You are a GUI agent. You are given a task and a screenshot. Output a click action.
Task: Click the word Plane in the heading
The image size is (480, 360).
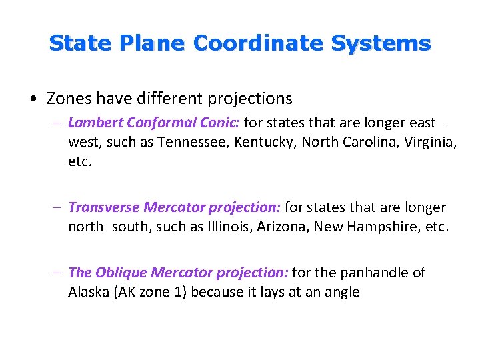(x=153, y=44)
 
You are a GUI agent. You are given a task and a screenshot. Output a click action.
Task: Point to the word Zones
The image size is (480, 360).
(x=69, y=99)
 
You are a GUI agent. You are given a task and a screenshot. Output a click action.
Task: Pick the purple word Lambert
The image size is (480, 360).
(x=93, y=123)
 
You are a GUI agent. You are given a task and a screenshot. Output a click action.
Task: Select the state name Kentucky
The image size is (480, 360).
(x=261, y=142)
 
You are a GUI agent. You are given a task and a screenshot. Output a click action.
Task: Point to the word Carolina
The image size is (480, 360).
(x=361, y=142)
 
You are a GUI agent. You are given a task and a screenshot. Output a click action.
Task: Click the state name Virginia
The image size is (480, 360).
(x=429, y=142)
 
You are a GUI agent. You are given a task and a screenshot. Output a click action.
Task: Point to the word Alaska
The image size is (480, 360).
(x=89, y=292)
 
